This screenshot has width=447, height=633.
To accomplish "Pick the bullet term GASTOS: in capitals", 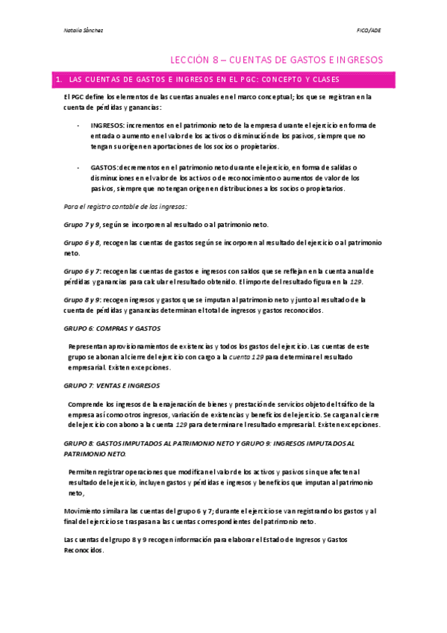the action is (107, 168).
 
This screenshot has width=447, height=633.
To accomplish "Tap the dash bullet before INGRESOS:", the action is (79, 125).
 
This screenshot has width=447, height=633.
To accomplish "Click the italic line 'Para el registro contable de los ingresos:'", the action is (125, 206).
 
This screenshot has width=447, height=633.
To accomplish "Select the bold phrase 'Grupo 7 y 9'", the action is (80, 225).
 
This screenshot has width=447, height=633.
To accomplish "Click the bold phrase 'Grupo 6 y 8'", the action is (80, 243).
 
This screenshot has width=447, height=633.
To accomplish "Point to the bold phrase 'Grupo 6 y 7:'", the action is (81, 270).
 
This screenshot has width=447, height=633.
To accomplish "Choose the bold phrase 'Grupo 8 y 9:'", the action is (81, 299).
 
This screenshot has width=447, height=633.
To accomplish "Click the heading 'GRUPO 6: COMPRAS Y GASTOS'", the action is (112, 328).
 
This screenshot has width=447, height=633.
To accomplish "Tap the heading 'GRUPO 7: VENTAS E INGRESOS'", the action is (113, 386).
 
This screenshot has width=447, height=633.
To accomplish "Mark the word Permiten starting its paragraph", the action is (84, 472).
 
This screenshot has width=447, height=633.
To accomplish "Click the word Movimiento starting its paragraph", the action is (83, 511).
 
